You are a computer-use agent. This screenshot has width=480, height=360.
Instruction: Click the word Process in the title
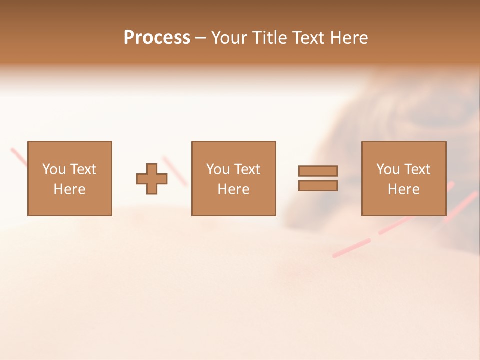[x=157, y=38]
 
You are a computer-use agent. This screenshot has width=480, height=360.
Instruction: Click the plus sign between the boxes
[x=152, y=179]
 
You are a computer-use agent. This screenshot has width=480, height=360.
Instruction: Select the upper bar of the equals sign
[x=318, y=171]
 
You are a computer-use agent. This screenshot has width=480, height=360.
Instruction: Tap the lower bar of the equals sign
[x=318, y=186]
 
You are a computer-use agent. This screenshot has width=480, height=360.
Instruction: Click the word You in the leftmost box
[x=54, y=169]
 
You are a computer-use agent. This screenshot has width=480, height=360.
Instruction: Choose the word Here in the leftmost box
[x=69, y=189]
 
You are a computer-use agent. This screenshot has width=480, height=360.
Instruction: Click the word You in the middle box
[x=218, y=169]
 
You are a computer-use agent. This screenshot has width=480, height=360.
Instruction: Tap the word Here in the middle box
[x=233, y=189]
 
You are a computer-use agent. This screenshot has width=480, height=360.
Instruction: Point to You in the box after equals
[x=388, y=169]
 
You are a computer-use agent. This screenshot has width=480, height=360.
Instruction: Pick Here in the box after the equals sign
[x=403, y=189]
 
